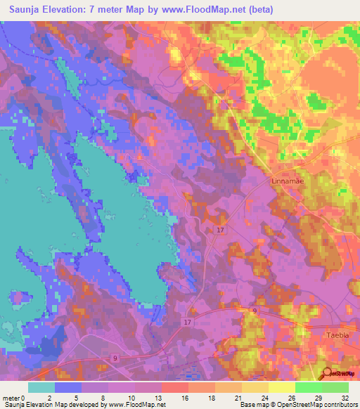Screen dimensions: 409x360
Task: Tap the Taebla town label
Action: click(342, 335)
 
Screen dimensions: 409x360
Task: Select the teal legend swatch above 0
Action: click(41, 387)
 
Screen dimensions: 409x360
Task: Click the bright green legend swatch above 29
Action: click(308, 387)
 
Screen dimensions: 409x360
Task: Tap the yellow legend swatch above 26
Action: click(281, 387)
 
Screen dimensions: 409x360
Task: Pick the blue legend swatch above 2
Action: click(68, 387)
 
